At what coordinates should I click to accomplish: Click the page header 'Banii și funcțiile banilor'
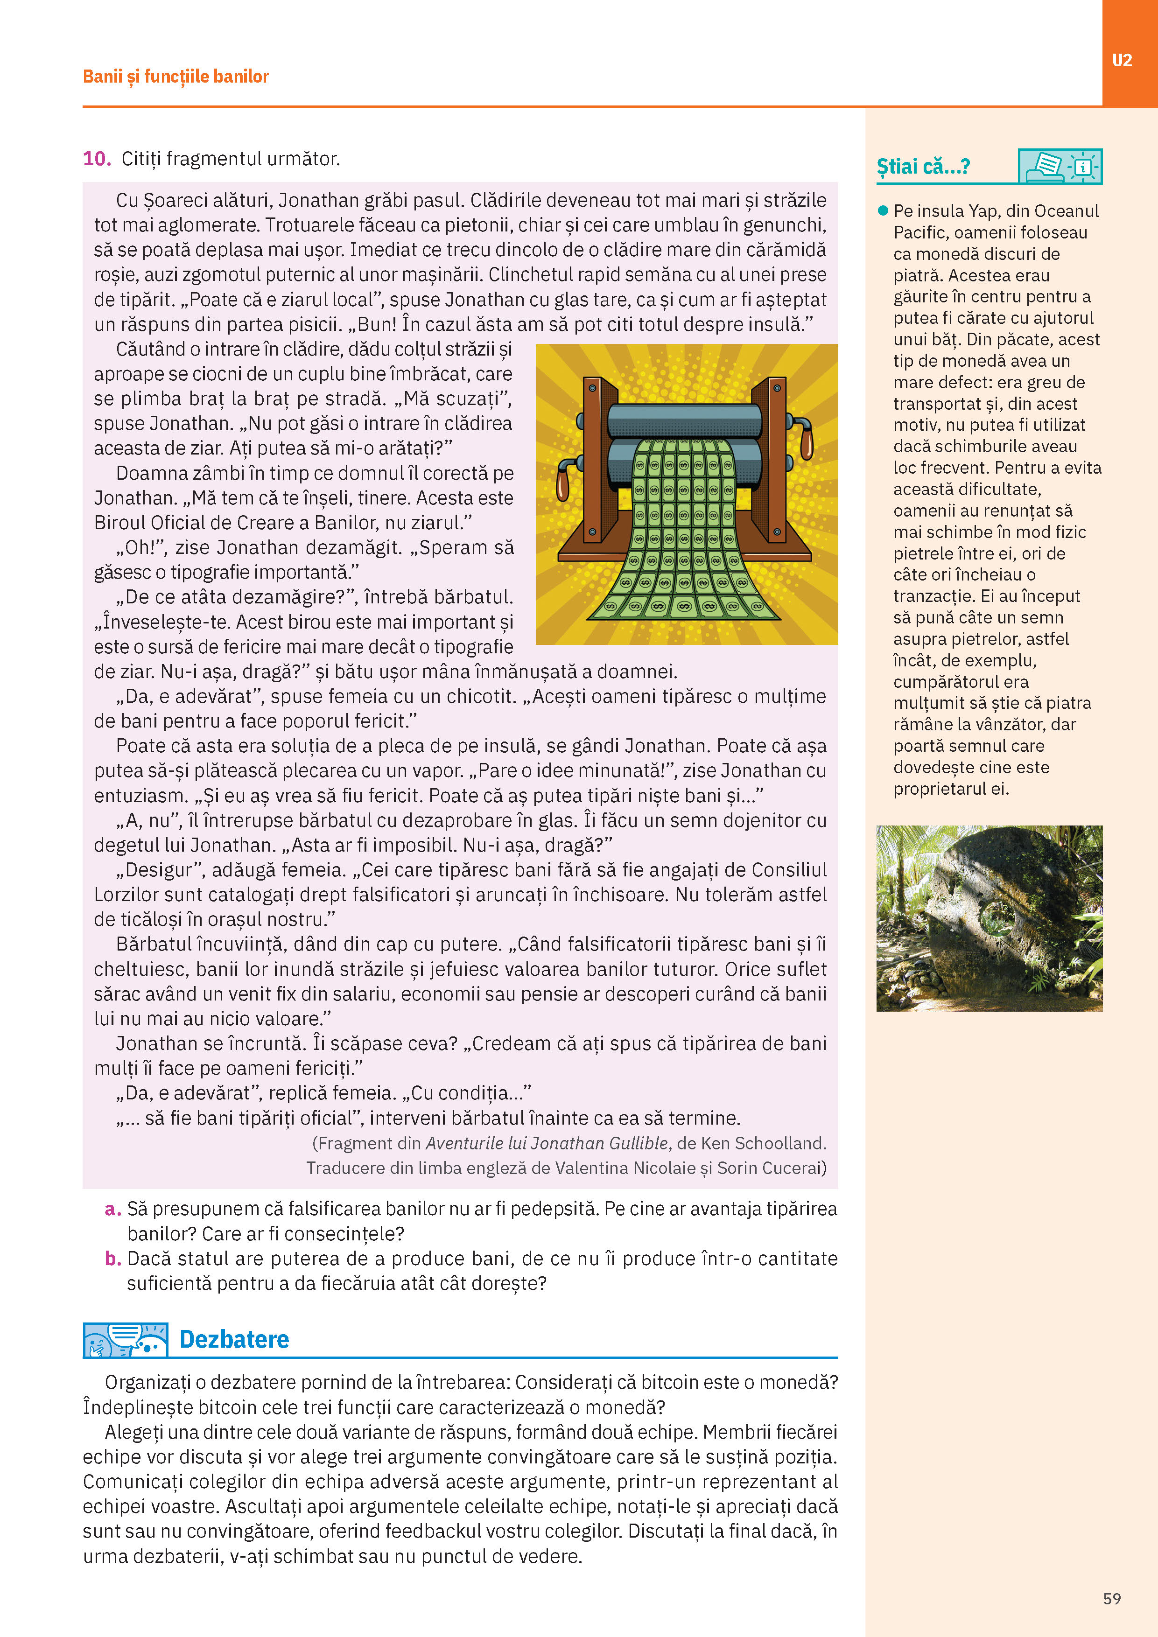coord(175,76)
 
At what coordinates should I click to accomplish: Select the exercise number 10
coord(96,158)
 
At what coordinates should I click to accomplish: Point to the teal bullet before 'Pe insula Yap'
coord(883,210)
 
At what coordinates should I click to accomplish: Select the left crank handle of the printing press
coord(563,485)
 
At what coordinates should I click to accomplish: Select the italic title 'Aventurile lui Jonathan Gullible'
coord(547,1143)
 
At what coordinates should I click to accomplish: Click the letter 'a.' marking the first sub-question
coord(112,1209)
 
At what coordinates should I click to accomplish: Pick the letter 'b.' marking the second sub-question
coord(112,1259)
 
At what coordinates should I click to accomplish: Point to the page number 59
coord(1112,1598)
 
